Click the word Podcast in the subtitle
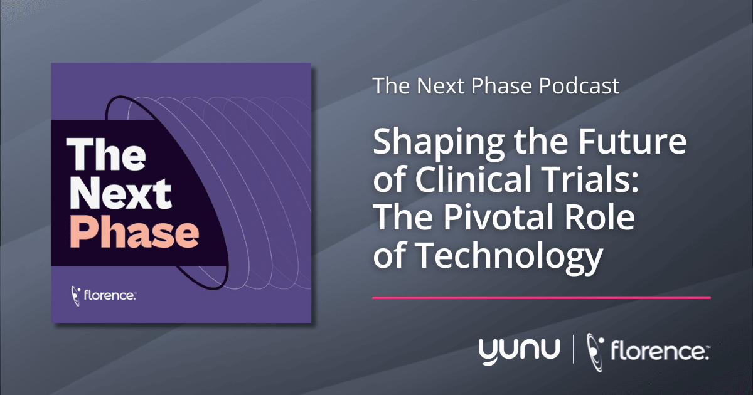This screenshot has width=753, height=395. coord(579,86)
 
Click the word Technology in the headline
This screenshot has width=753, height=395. coord(508,257)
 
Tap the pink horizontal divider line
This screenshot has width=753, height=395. coord(541,298)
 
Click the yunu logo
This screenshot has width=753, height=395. coord(520,351)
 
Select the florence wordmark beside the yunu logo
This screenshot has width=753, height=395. coord(660,351)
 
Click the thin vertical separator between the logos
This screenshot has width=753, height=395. coord(573,351)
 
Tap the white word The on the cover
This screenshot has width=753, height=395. coord(106,154)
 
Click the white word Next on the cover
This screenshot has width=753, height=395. coord(120,193)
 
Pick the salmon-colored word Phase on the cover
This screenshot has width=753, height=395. coord(134,232)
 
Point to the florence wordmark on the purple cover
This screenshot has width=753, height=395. coord(110,295)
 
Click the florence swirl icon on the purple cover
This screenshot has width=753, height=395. coord(76,296)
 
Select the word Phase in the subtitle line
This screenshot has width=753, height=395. coord(501,86)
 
